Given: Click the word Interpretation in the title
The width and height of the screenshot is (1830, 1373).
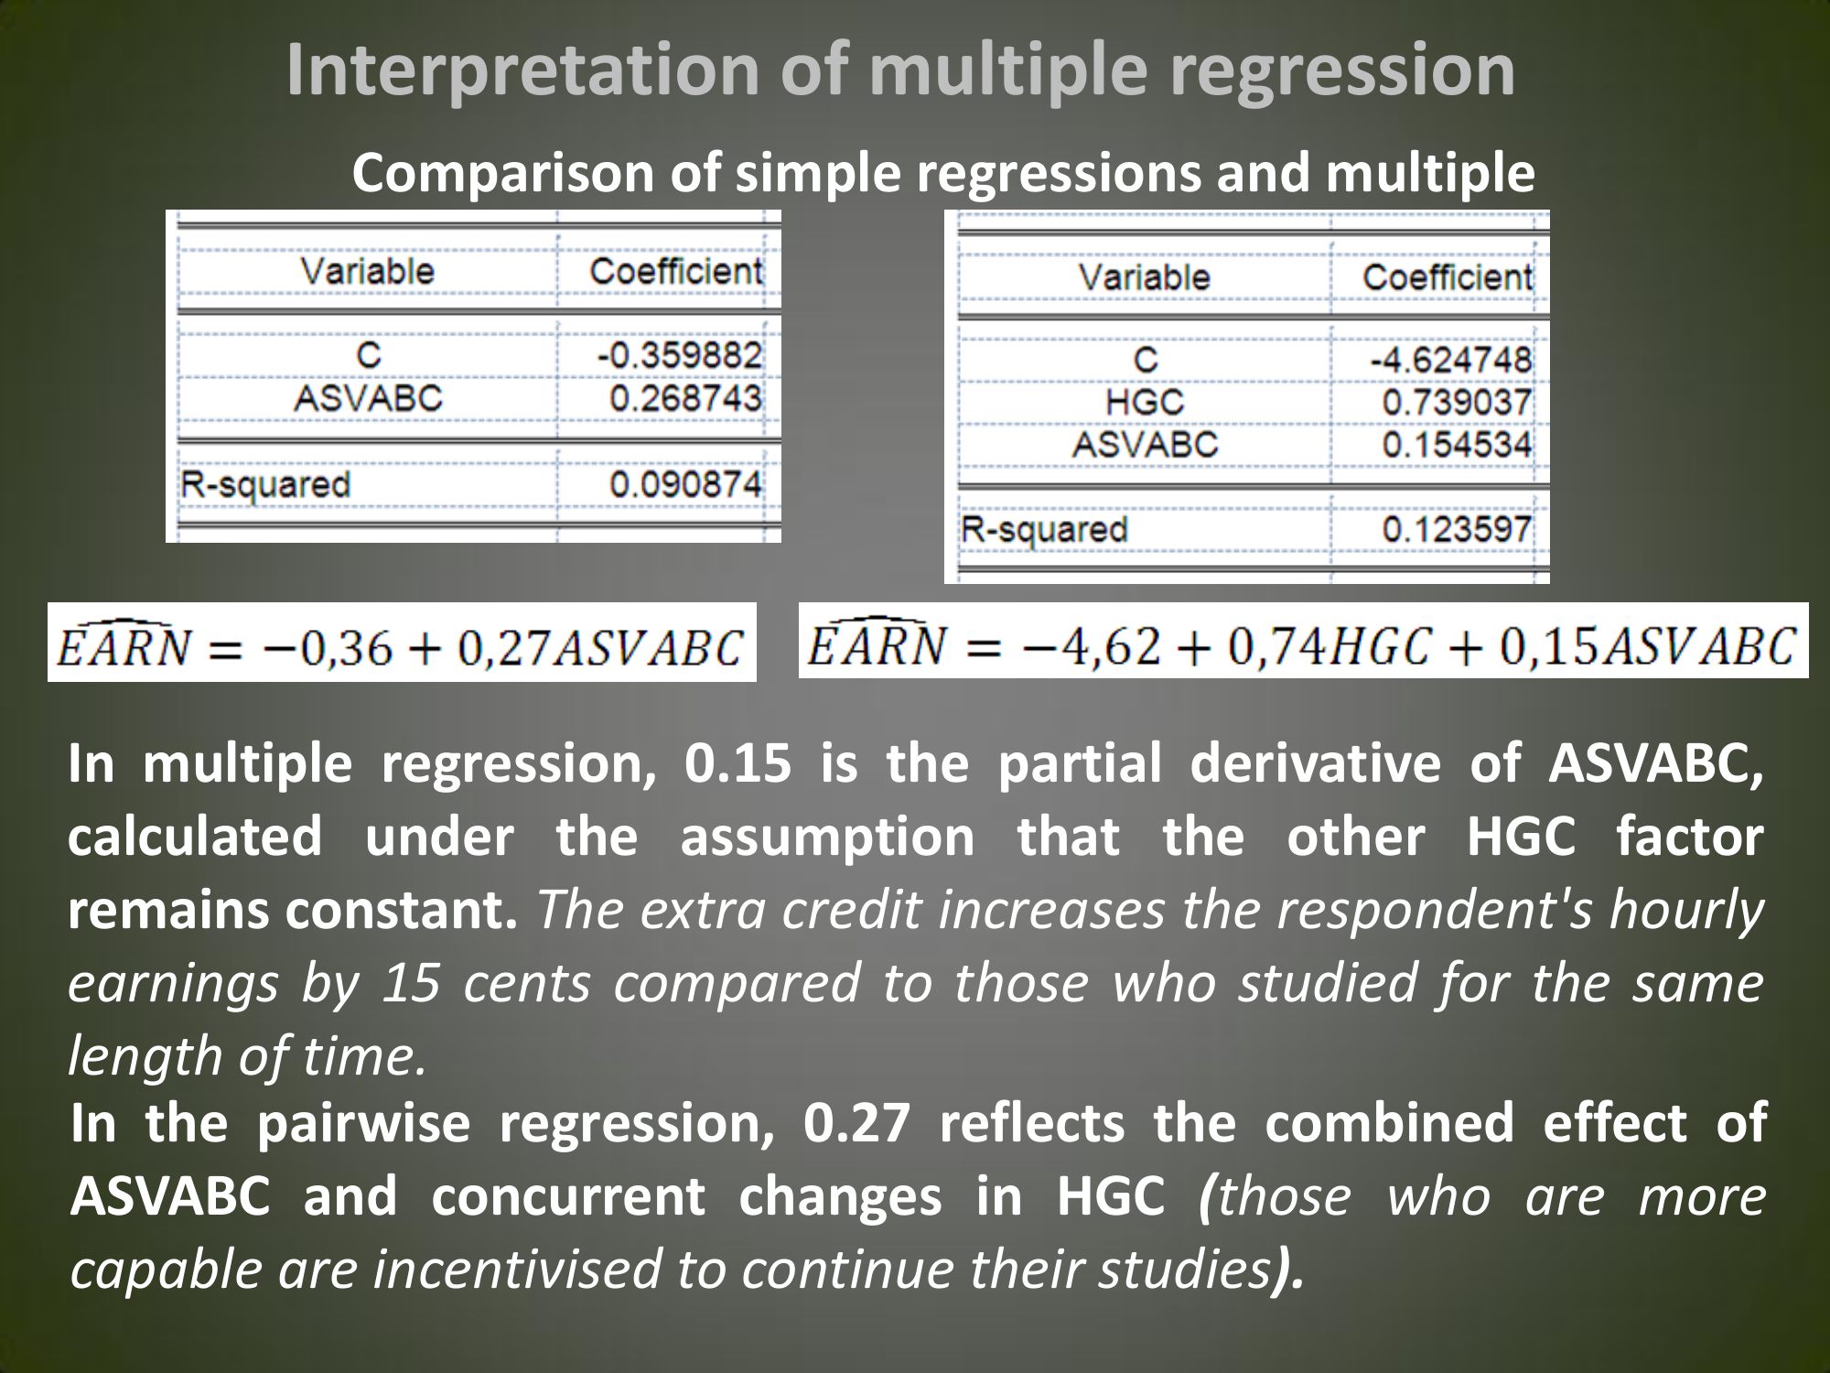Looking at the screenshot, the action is coord(522,71).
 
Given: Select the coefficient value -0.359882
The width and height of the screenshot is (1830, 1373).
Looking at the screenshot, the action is coord(679,355).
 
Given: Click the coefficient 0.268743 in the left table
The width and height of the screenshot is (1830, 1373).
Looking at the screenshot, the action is coord(685,398).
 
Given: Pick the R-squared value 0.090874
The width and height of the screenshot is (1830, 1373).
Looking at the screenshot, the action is coord(685,484).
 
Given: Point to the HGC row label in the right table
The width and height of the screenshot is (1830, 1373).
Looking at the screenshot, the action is coord(1145,402).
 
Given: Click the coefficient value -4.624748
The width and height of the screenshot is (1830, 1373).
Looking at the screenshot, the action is coord(1450,359).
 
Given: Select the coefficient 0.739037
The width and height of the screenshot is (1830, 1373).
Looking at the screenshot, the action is coord(1457,402).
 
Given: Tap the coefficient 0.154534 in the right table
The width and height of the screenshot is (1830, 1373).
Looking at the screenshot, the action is coord(1457,445).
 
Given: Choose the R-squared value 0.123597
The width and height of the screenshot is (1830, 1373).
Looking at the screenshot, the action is coord(1457,529).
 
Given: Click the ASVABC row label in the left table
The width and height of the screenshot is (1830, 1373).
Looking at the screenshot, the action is coord(368,398).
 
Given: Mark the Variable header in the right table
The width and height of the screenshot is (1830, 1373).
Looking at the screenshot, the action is coord(1144,276).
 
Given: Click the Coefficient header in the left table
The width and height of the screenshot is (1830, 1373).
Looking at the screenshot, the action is coord(675,271).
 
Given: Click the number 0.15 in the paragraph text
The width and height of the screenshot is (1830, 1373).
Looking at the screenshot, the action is coord(737,764).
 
